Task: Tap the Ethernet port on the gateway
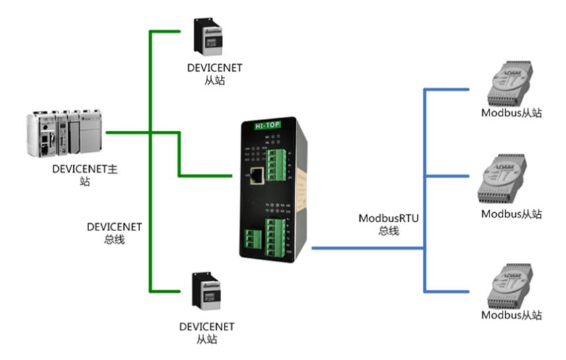257,174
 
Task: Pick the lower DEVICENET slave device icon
205,291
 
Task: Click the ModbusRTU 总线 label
384,223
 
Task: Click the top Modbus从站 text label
511,113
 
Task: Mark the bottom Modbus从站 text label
511,315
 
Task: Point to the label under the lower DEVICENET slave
207,333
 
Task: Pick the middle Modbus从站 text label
511,213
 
